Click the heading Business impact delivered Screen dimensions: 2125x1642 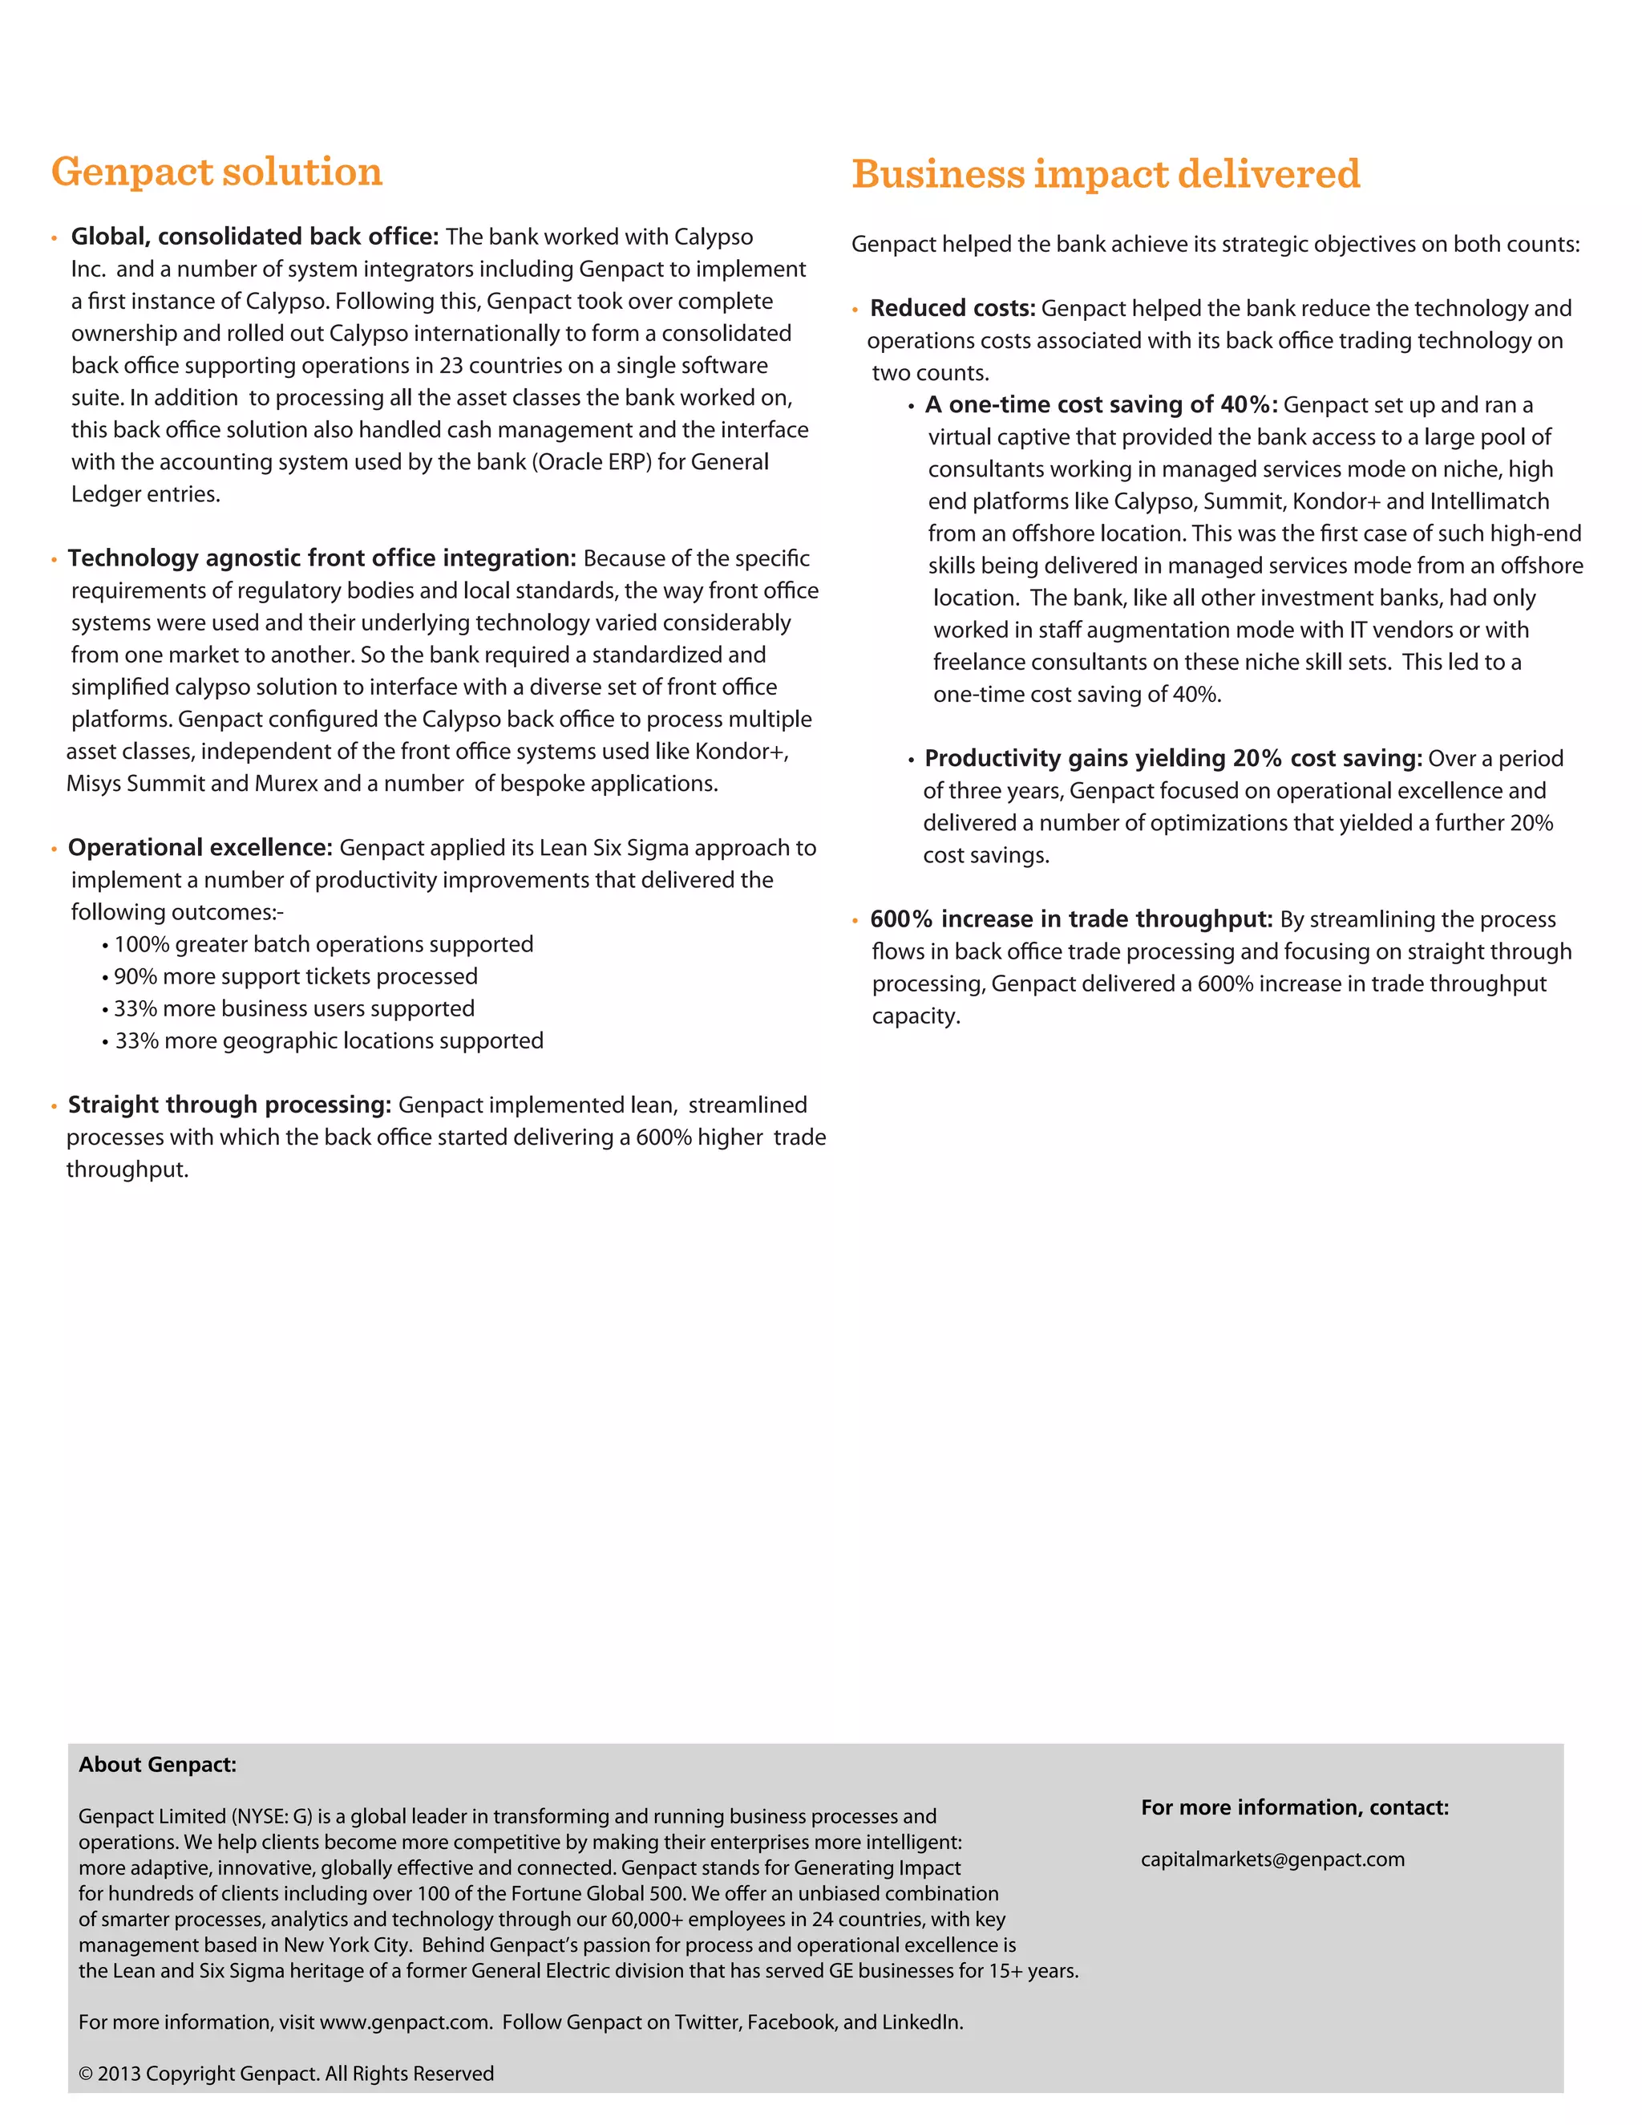pos(1105,174)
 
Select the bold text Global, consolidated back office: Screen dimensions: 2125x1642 pos(255,237)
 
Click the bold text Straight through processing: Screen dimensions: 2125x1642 pos(229,1105)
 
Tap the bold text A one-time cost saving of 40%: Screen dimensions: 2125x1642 pos(1101,405)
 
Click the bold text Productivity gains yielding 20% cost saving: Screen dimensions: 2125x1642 pos(1173,759)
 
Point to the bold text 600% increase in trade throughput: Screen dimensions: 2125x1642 pos(1071,919)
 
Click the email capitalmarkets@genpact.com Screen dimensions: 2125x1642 pos(1272,1859)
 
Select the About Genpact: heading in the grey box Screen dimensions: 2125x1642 pos(158,1765)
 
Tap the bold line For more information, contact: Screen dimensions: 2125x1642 pos(1295,1808)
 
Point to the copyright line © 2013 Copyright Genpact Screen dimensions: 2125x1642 pos(286,2074)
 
